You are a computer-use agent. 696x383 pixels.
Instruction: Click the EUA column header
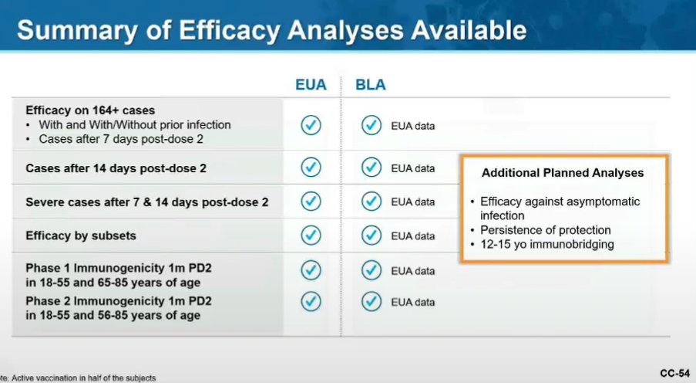(311, 85)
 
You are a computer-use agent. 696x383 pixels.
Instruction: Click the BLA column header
(371, 85)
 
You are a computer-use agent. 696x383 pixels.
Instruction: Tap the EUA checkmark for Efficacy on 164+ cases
(311, 125)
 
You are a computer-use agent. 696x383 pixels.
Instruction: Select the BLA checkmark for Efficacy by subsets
(372, 235)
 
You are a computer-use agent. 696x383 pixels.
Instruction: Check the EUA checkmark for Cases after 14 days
(311, 168)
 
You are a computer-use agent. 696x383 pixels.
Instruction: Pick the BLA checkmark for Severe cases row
(372, 201)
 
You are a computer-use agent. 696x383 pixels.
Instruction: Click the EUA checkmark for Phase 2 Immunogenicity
(311, 301)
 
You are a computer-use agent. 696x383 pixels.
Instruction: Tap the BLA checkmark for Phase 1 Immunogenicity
(372, 270)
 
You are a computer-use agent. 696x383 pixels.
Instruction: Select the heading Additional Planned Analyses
(563, 172)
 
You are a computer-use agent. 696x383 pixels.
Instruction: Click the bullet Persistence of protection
(545, 230)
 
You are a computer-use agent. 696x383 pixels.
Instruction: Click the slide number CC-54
(674, 374)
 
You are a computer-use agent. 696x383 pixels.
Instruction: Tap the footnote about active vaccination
(77, 378)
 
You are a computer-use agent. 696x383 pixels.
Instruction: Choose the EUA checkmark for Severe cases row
(311, 201)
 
